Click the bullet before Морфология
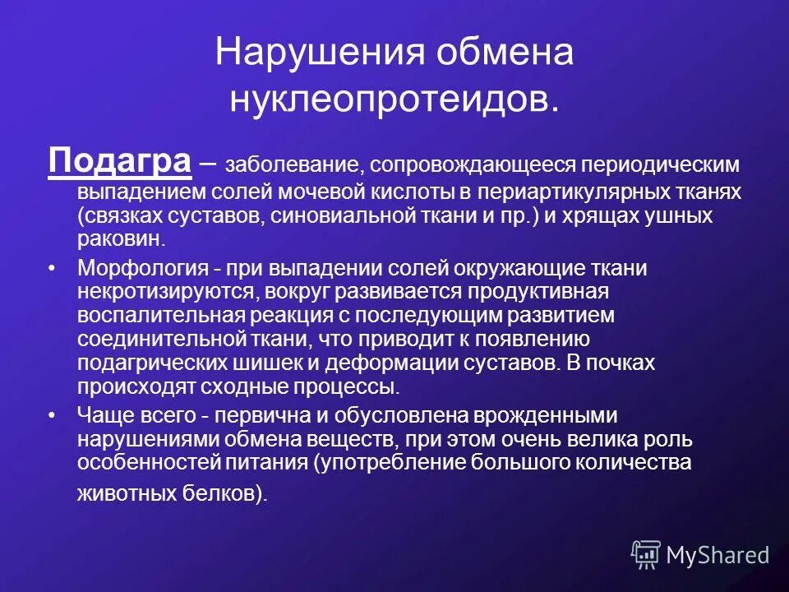click(54, 268)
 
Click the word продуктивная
click(538, 292)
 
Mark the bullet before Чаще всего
click(54, 415)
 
